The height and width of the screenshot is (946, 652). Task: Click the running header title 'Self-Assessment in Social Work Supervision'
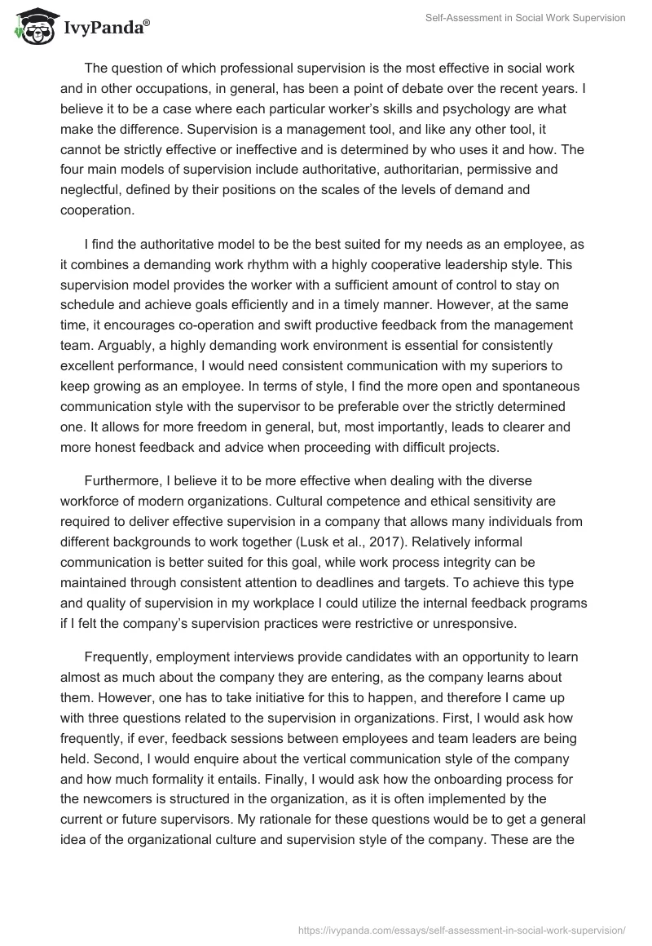[525, 18]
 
